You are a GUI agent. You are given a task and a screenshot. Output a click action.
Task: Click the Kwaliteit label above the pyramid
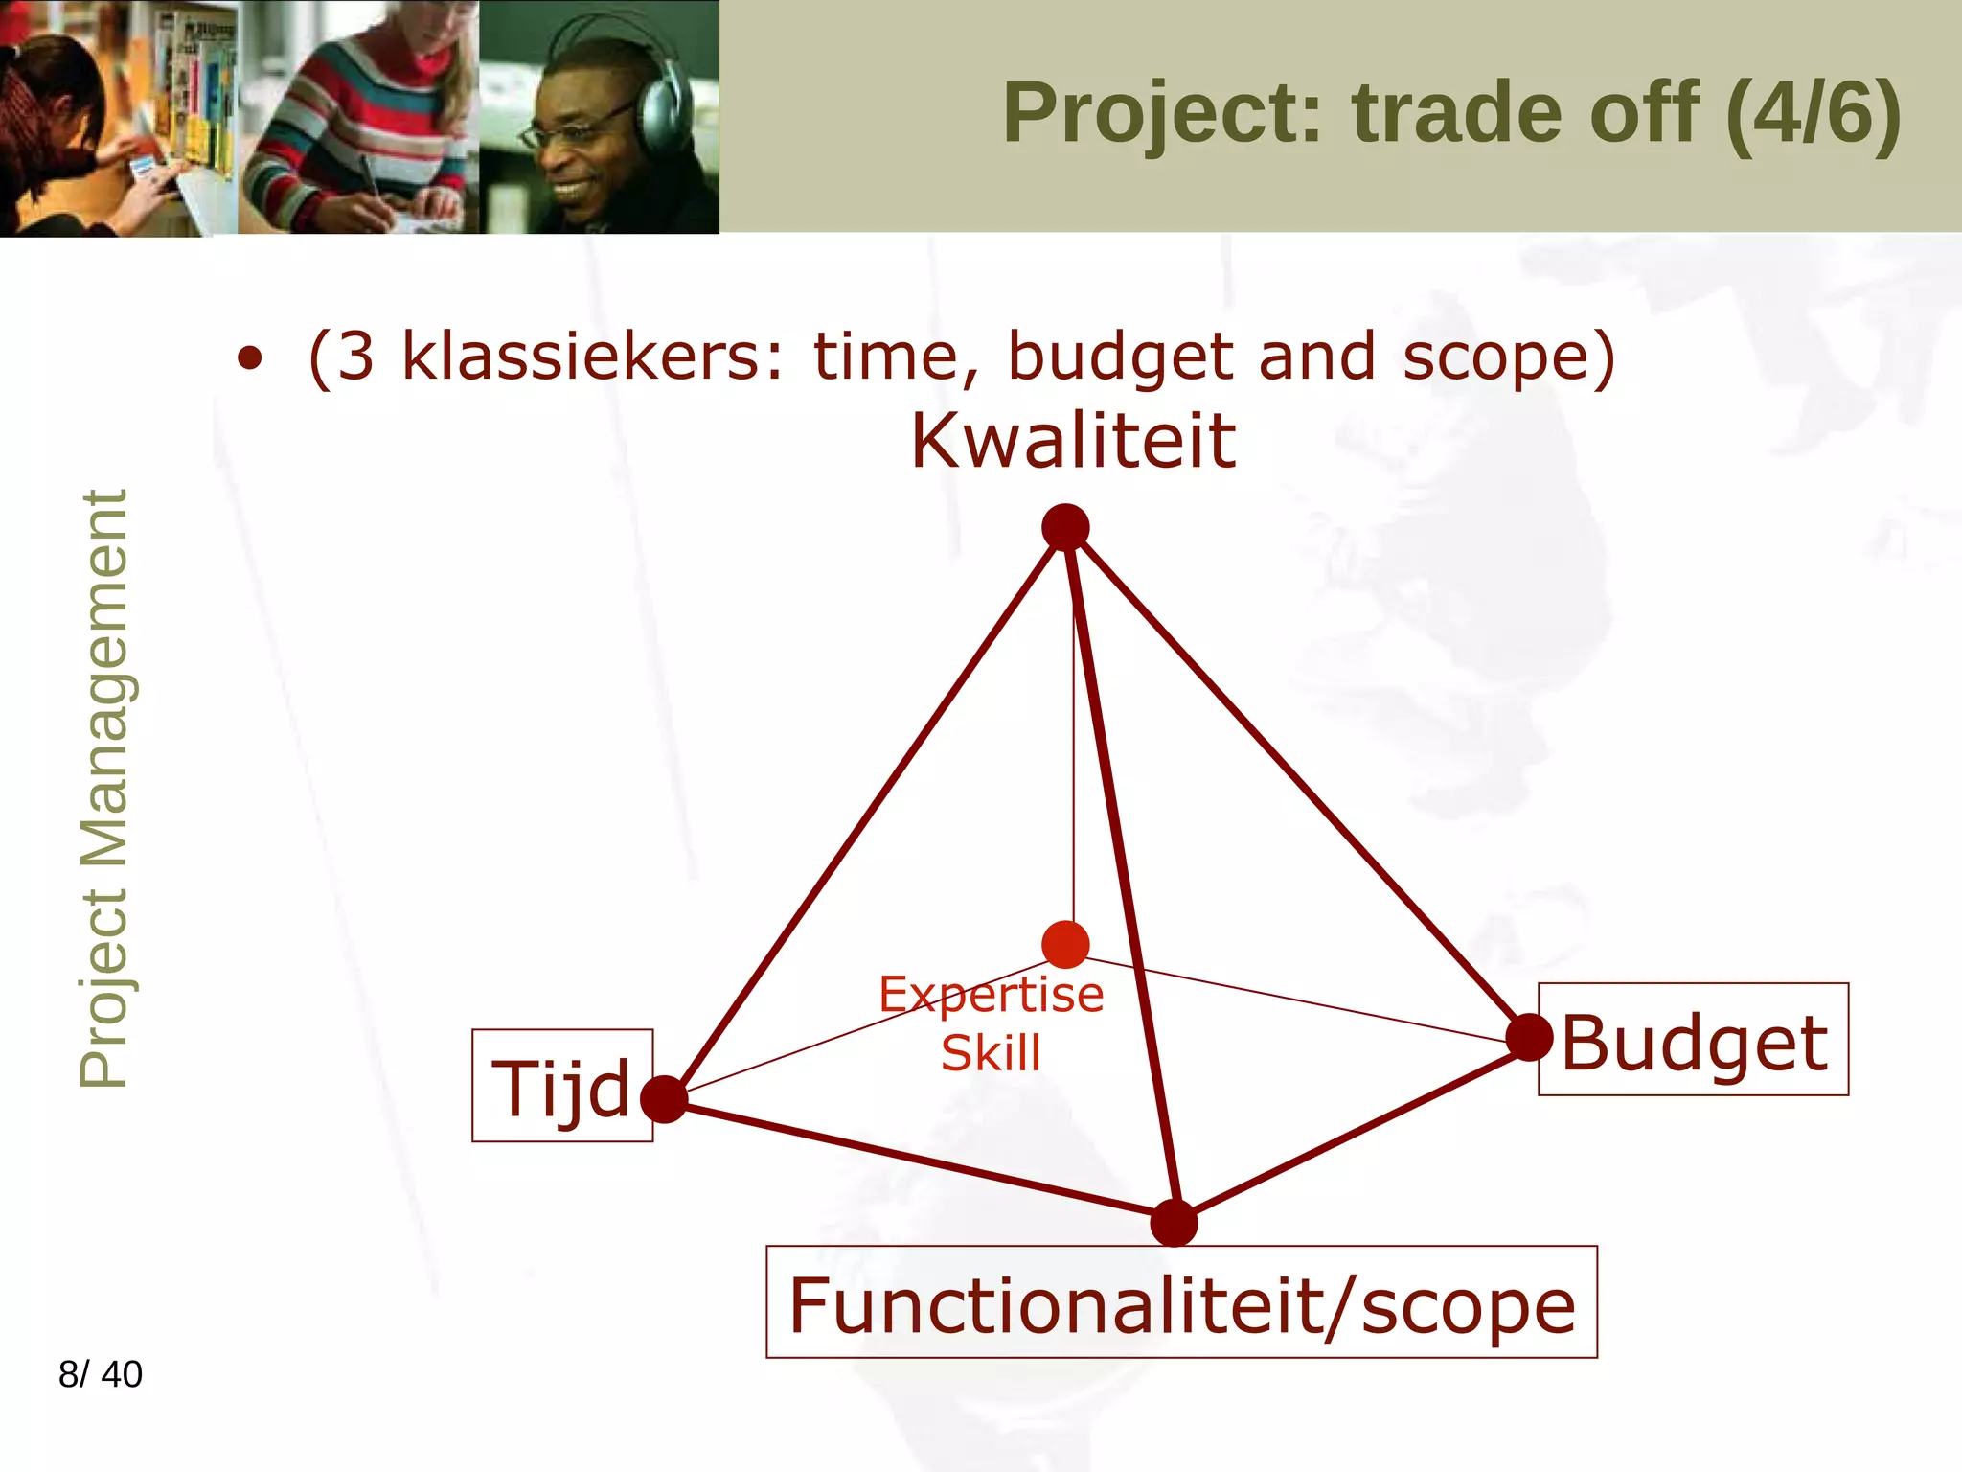pyautogui.click(x=1073, y=442)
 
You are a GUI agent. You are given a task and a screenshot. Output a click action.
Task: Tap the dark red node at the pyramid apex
pyautogui.click(x=1065, y=527)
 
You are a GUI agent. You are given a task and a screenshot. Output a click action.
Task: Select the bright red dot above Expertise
pyautogui.click(x=1065, y=945)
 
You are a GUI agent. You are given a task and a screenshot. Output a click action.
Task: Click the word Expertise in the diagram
pyautogui.click(x=991, y=995)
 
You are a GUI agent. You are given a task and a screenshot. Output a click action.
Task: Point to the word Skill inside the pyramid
pyautogui.click(x=991, y=1053)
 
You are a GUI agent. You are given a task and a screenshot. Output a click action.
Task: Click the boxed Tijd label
pyautogui.click(x=562, y=1087)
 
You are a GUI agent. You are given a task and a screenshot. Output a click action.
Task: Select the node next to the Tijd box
pyautogui.click(x=664, y=1099)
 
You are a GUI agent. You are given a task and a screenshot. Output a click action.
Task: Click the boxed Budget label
pyautogui.click(x=1693, y=1041)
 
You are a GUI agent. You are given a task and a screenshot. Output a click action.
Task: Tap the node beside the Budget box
pyautogui.click(x=1529, y=1037)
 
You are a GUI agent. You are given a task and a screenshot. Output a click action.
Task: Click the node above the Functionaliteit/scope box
pyautogui.click(x=1174, y=1223)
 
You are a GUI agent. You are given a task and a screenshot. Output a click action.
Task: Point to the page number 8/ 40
pyautogui.click(x=101, y=1374)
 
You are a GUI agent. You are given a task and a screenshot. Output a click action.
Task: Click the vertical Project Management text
pyautogui.click(x=103, y=788)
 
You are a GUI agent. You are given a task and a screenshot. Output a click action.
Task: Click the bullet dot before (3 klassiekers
pyautogui.click(x=250, y=359)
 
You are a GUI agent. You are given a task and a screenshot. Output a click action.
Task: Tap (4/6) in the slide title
pyautogui.click(x=1813, y=113)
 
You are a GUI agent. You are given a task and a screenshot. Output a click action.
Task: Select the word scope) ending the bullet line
pyautogui.click(x=1510, y=356)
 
